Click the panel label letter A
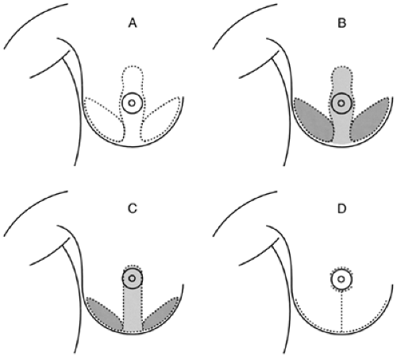133,23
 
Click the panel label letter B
341,23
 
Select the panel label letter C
133,209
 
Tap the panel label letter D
341,209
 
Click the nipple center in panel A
132,103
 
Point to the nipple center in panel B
341,103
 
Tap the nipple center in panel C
132,278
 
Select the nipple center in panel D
341,279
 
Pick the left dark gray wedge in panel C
105,314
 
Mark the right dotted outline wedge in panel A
161,119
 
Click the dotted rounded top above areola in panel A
133,78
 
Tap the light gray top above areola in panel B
341,78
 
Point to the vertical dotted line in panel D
341,312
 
